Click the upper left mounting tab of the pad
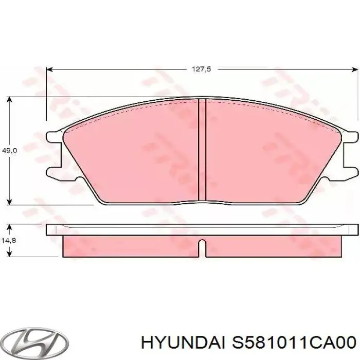click(53, 137)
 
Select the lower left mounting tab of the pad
click(53, 171)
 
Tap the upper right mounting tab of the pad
click(350, 137)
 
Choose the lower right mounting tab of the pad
click(350, 171)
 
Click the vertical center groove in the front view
click(202, 149)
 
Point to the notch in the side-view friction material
click(202, 247)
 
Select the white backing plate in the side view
click(202, 230)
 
